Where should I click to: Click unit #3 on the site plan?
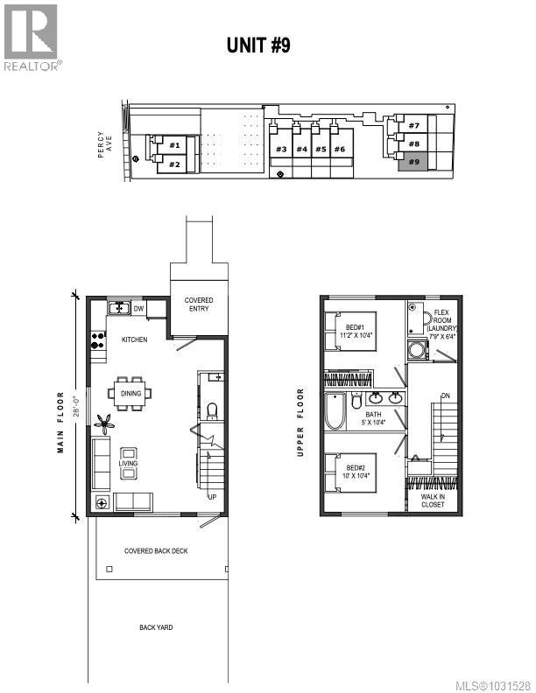[281, 150]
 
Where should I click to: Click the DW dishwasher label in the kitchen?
[138, 308]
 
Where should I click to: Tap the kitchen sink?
[118, 308]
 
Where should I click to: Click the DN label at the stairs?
[445, 396]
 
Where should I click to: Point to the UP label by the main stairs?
[212, 497]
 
